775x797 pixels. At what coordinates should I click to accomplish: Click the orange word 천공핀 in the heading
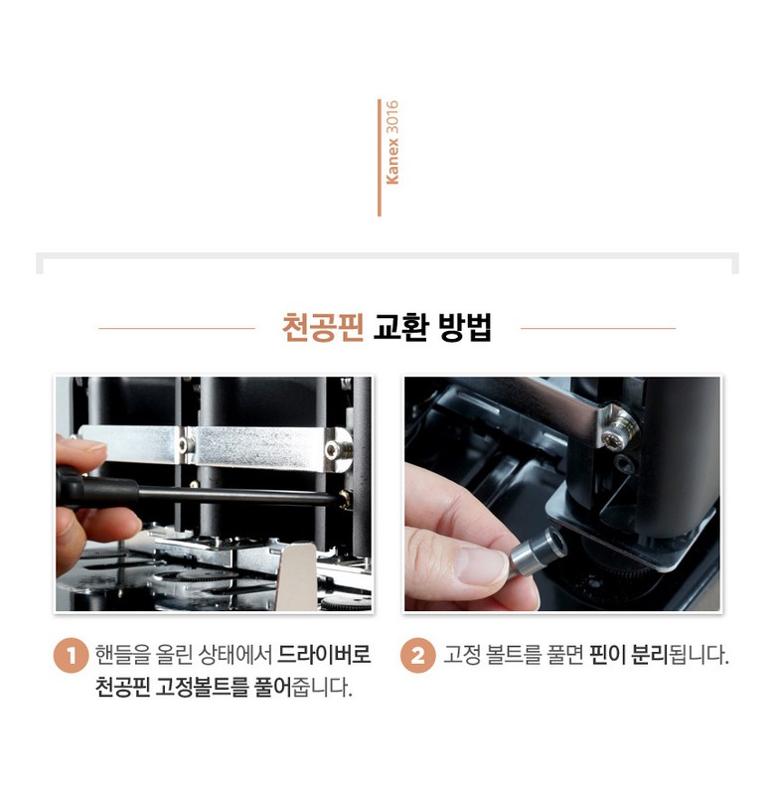[323, 328]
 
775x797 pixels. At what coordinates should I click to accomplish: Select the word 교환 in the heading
[401, 328]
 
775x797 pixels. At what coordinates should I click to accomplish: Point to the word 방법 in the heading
[465, 328]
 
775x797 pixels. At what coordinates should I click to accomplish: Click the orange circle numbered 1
[72, 655]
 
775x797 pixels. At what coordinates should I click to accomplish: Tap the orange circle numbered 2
[417, 655]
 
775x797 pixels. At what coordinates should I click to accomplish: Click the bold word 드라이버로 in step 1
[325, 654]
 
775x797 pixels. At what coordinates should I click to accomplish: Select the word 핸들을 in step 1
[123, 654]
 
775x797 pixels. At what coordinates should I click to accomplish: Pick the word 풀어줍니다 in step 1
[303, 688]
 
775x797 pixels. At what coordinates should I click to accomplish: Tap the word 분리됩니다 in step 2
[680, 655]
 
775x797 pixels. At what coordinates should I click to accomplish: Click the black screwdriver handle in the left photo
[96, 489]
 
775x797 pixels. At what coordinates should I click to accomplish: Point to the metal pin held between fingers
[539, 551]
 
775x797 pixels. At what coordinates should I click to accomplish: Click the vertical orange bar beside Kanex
[380, 158]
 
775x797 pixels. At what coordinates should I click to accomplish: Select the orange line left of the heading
[177, 328]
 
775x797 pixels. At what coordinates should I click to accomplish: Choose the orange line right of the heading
[598, 328]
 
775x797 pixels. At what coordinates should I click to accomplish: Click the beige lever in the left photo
[296, 576]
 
